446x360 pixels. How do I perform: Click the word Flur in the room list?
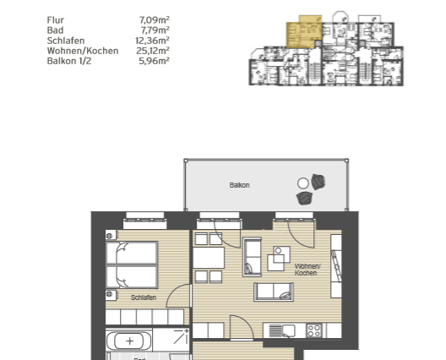(56, 20)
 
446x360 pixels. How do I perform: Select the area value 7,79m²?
(155, 30)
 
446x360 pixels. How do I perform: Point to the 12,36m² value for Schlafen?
(152, 41)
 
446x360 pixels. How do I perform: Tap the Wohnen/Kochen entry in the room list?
(83, 51)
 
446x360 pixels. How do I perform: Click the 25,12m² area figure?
(153, 51)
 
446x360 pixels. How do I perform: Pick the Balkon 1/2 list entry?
(69, 61)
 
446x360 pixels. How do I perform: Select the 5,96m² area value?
(155, 61)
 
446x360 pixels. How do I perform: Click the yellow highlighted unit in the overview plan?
(304, 32)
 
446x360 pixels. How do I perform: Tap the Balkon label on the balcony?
(240, 185)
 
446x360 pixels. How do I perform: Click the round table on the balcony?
(303, 183)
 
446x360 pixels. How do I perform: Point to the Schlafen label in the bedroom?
(144, 297)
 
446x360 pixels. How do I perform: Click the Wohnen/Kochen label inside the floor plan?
(307, 270)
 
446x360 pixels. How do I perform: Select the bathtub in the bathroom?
(129, 341)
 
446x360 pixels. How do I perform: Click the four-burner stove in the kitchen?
(314, 330)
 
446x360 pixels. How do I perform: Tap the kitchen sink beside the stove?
(289, 331)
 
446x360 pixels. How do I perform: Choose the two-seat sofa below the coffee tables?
(274, 292)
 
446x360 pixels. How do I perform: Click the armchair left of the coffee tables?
(253, 257)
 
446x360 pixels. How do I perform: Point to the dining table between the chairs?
(209, 258)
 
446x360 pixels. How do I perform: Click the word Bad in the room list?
(55, 30)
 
